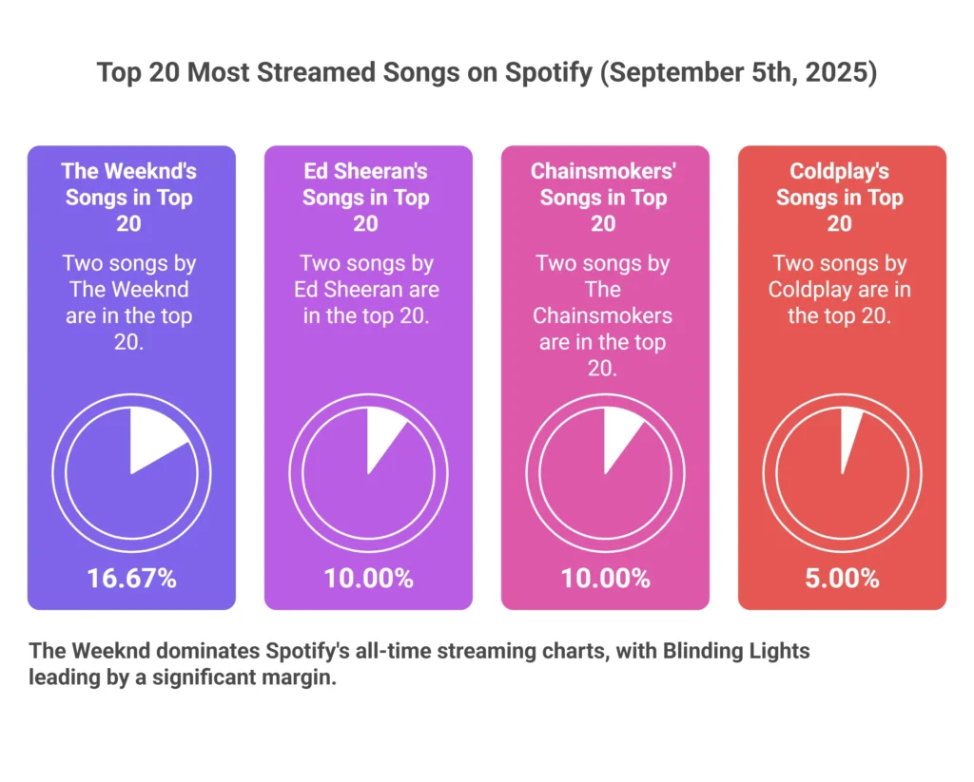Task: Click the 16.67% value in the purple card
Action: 131,578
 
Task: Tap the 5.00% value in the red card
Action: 843,578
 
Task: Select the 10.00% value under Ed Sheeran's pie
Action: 368,578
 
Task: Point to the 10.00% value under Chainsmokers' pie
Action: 605,578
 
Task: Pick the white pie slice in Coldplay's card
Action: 849,432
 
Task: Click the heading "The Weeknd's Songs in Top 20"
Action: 129,197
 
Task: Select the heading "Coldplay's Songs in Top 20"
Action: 840,197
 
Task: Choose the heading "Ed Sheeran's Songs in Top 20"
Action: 366,197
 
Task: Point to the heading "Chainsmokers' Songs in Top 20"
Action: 604,197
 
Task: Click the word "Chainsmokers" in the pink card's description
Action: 603,315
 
